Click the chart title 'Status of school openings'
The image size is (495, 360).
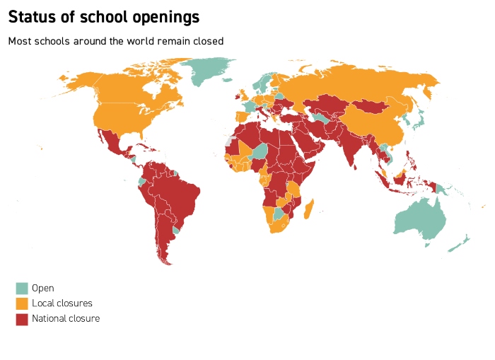click(x=103, y=16)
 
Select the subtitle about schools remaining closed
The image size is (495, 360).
click(x=115, y=41)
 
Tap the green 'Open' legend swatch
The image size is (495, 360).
click(x=22, y=288)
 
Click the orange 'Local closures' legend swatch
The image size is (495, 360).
click(x=22, y=303)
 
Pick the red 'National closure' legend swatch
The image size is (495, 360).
click(x=22, y=319)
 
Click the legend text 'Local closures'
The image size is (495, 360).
click(x=62, y=303)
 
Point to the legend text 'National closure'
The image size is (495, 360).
click(x=66, y=319)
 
